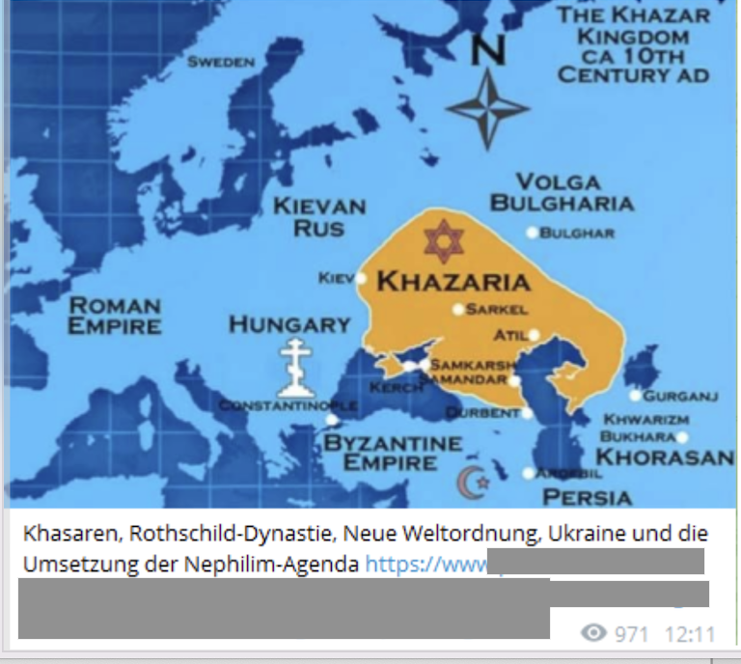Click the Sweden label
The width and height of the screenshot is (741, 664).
click(221, 63)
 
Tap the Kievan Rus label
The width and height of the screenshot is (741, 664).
click(319, 217)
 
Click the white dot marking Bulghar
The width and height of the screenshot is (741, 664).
click(532, 233)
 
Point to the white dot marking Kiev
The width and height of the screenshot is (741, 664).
click(361, 278)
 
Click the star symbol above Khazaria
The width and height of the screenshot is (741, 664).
click(441, 240)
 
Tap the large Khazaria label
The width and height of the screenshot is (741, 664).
click(453, 282)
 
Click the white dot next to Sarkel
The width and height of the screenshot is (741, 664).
click(458, 310)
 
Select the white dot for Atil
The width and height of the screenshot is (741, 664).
click(534, 335)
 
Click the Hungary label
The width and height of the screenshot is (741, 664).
click(288, 324)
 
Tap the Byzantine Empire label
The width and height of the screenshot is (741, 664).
click(392, 453)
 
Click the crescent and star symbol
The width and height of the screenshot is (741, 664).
click(472, 480)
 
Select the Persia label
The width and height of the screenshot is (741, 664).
click(587, 497)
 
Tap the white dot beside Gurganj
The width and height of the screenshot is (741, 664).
click(634, 395)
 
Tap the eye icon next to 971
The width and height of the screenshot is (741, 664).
click(594, 633)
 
